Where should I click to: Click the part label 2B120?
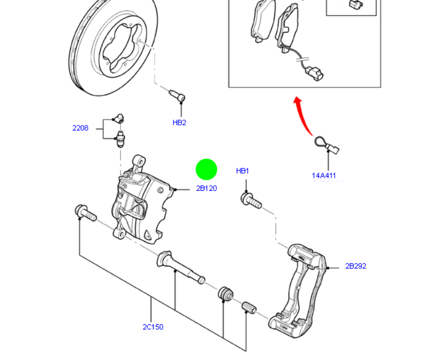206,189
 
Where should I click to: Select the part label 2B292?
356,266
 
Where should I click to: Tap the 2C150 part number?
153,327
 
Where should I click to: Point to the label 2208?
80,128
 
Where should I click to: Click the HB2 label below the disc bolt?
179,123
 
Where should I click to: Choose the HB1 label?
243,171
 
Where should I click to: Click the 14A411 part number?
324,175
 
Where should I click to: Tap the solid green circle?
206,169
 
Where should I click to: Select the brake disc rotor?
114,48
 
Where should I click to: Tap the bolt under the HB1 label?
251,202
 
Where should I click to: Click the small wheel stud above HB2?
177,96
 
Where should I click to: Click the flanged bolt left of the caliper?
86,213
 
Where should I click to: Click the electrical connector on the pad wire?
313,72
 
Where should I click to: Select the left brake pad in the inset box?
261,22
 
